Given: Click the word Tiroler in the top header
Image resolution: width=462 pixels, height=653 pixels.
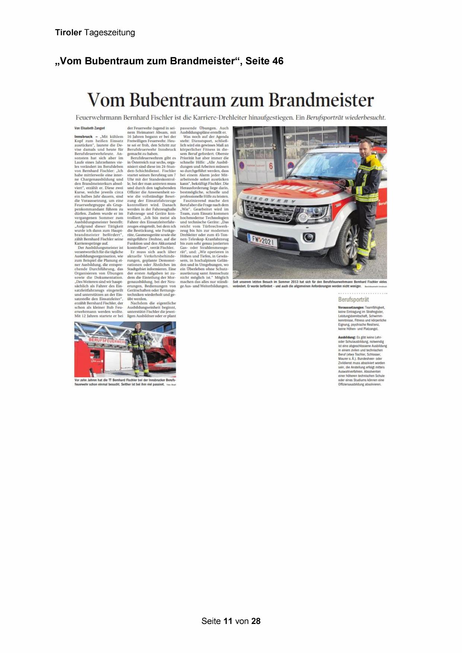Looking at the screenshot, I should (x=68, y=32).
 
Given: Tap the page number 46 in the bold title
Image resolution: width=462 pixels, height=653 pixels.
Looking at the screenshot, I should (x=278, y=61).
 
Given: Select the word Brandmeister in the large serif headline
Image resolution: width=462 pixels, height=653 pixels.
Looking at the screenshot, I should (x=321, y=100).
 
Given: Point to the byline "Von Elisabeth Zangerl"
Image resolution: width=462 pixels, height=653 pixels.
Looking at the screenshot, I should (x=90, y=128).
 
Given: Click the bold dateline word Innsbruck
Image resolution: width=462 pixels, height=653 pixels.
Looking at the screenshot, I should (x=83, y=137).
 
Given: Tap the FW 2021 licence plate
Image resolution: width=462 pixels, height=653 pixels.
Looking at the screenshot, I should (x=263, y=241).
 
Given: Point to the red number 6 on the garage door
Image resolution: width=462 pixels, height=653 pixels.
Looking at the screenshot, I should (x=271, y=166).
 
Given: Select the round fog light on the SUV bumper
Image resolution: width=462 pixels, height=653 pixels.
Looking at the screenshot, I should (x=308, y=237).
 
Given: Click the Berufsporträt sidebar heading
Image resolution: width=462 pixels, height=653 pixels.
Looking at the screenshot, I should (x=353, y=299).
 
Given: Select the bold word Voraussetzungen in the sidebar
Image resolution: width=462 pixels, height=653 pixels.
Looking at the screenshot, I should (x=351, y=308).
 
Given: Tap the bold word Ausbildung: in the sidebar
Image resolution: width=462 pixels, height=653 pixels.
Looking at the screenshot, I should (x=347, y=337).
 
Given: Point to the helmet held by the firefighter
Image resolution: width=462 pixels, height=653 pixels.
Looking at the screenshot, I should (x=147, y=345).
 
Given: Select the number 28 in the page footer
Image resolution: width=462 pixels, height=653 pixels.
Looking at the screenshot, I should (x=256, y=621).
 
